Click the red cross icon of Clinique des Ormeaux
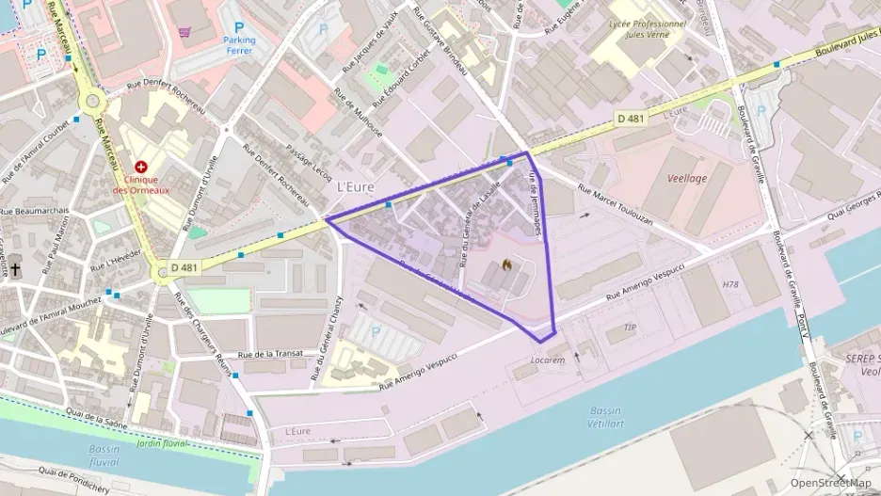[x=141, y=167]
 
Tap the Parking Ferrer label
[x=239, y=46]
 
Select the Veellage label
[x=686, y=178]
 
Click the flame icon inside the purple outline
[x=506, y=266]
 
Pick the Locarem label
[x=548, y=360]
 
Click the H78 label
[x=730, y=284]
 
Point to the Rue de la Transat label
[x=271, y=354]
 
